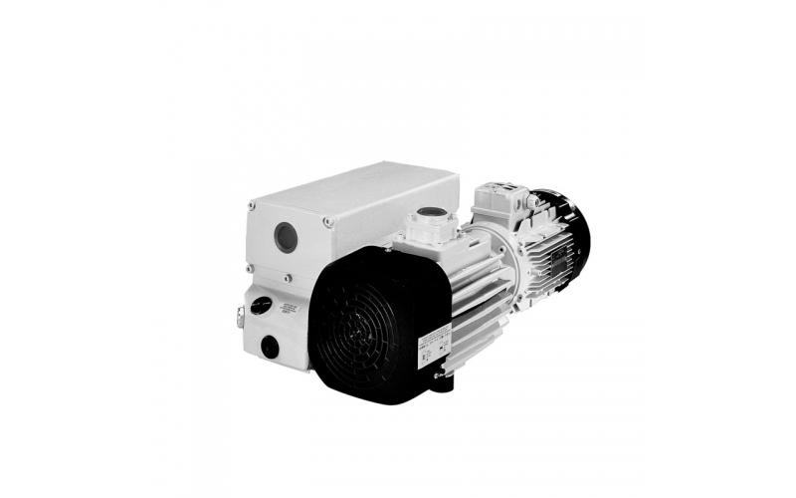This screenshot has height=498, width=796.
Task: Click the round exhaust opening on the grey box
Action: pyautogui.click(x=285, y=236)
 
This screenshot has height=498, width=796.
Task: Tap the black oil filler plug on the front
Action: pyautogui.click(x=261, y=305)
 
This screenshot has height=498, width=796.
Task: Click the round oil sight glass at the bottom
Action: pyautogui.click(x=270, y=347)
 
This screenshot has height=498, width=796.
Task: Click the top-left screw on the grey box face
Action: pyautogui.click(x=252, y=207)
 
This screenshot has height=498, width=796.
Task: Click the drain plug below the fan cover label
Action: pyautogui.click(x=438, y=375)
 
